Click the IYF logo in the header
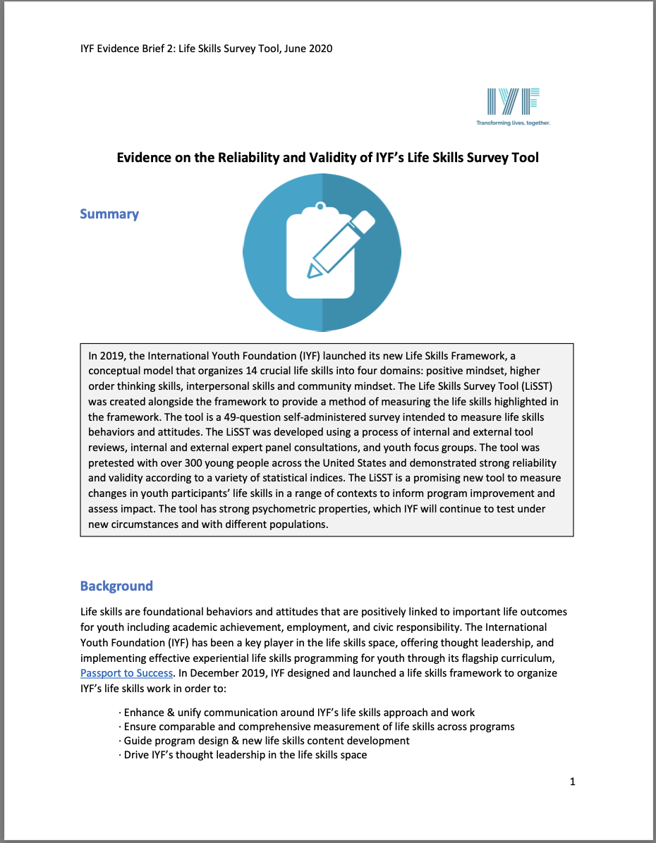tap(513, 102)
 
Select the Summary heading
tap(109, 214)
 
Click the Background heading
tap(116, 586)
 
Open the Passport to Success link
tap(127, 673)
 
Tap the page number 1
tap(572, 781)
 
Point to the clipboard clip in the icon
tap(321, 209)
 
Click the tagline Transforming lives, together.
tap(513, 123)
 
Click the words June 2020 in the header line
tap(308, 49)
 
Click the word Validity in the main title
tap(333, 157)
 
